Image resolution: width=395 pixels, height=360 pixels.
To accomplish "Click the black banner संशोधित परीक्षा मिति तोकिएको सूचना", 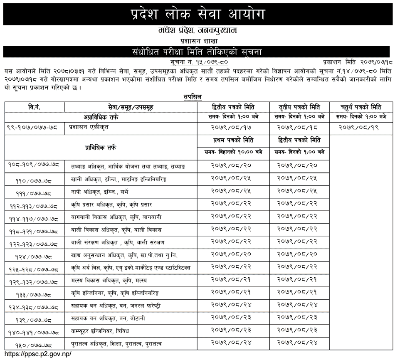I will tap(197, 52).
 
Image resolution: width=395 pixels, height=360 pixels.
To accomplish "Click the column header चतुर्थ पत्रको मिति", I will tap(361, 107).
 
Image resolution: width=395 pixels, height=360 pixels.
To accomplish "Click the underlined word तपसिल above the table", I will tap(193, 96).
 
